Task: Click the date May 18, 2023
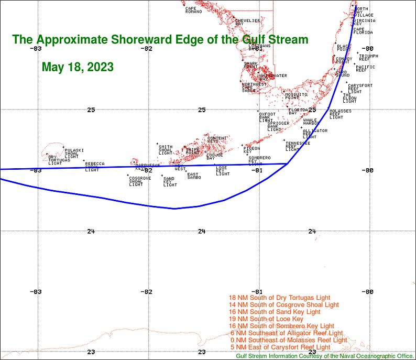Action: [78, 68]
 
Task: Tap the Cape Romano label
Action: [193, 10]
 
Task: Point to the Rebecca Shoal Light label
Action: [94, 167]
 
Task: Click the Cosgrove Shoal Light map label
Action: [139, 181]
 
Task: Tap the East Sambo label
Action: [194, 176]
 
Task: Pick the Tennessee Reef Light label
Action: [297, 146]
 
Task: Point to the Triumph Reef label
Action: [368, 57]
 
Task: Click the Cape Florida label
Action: [363, 31]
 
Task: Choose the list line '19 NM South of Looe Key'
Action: [266, 319]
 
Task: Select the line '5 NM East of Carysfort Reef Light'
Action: [280, 347]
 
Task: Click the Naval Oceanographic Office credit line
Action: [325, 356]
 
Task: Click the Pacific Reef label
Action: [365, 68]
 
